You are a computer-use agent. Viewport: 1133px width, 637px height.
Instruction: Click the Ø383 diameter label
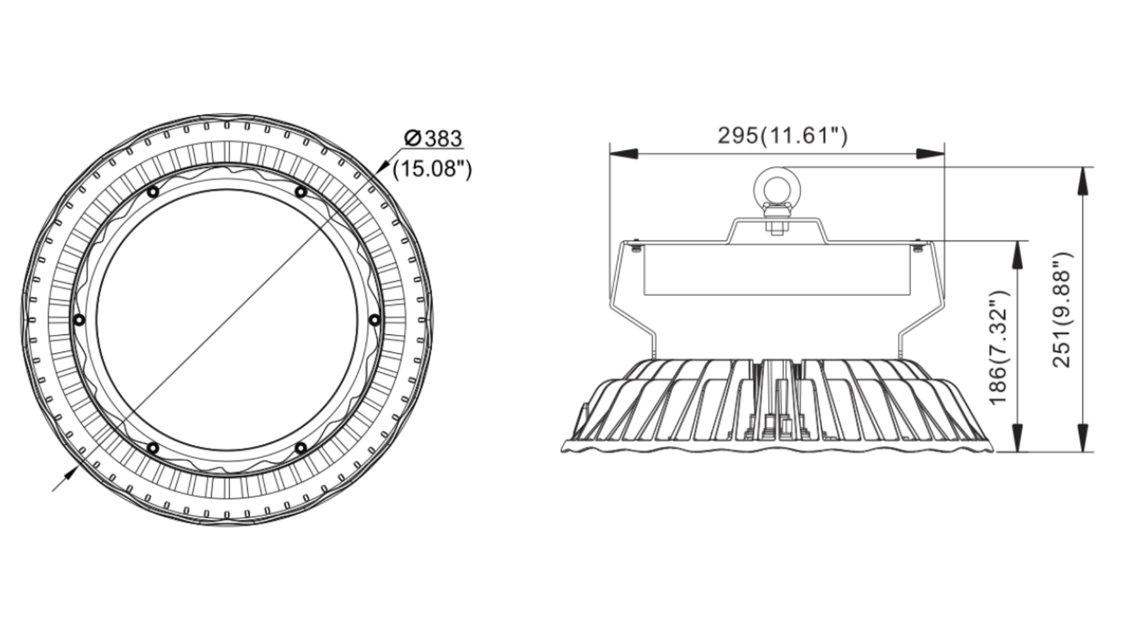433,138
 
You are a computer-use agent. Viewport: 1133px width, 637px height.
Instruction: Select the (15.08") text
433,169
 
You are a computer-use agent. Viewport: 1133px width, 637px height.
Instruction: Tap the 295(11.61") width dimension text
782,136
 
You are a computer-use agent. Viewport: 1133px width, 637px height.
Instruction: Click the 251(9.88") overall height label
1062,310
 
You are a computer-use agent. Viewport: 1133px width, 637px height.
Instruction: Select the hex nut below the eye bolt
777,226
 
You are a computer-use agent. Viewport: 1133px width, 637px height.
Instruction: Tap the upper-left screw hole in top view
153,192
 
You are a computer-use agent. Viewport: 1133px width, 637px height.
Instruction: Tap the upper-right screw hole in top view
301,192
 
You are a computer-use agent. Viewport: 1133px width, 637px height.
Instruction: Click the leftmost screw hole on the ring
78,320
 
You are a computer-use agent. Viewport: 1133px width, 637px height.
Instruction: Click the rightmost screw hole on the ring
375,320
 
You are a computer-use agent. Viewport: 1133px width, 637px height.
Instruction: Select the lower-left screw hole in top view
153,449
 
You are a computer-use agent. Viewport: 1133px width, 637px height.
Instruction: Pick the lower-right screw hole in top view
301,449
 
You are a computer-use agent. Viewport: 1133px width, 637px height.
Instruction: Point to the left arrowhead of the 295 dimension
623,154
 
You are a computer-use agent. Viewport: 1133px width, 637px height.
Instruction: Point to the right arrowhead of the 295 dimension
931,154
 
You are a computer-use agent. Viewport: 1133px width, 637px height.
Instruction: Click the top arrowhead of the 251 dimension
1082,180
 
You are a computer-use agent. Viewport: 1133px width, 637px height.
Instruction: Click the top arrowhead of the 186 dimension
1017,254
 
